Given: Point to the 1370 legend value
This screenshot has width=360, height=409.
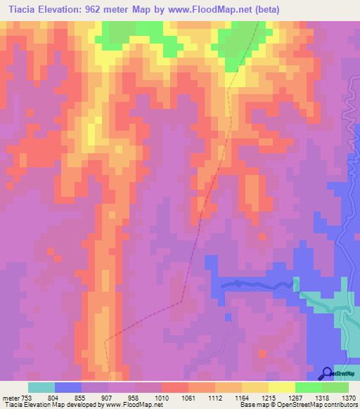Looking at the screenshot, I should pos(349,397).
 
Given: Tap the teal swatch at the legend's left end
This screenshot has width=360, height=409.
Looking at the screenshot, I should pos(41,387).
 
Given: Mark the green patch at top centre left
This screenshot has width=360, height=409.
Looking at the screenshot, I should pos(137,35).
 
